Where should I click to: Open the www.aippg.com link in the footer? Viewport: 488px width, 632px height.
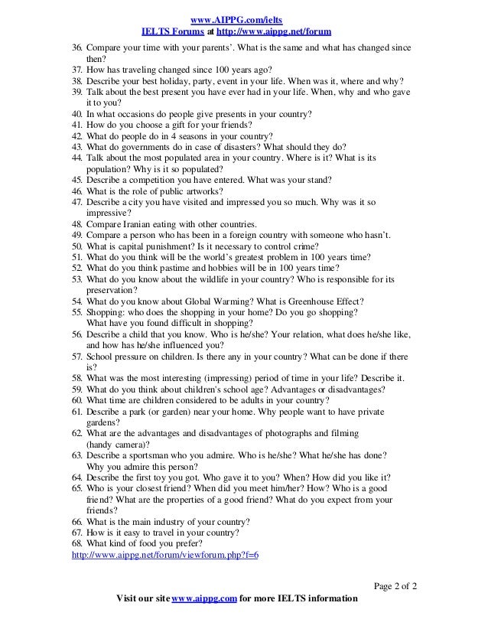tap(204, 598)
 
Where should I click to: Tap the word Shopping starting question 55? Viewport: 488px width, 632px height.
tap(105, 312)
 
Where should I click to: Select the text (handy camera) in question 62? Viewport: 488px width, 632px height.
tap(119, 445)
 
